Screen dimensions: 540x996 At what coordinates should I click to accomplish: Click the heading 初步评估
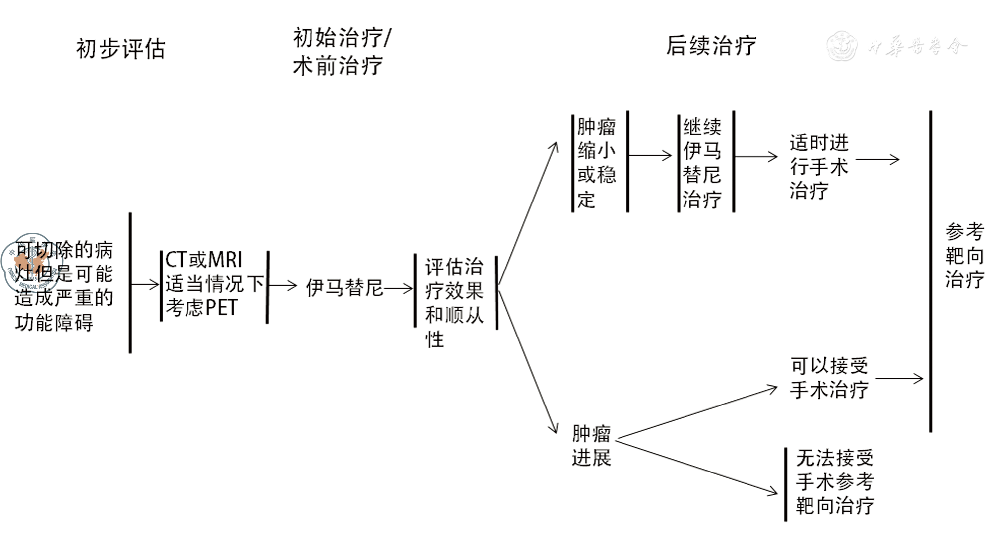click(x=121, y=49)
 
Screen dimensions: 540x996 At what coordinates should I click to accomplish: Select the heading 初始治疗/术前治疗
click(x=341, y=52)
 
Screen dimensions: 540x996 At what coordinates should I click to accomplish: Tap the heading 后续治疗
click(x=711, y=46)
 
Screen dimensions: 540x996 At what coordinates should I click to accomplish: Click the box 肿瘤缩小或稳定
click(x=597, y=163)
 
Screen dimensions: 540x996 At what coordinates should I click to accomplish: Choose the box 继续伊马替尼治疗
click(x=702, y=163)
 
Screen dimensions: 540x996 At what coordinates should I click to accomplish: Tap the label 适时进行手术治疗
click(x=818, y=166)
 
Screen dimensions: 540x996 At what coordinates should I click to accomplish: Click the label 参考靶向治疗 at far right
click(x=964, y=256)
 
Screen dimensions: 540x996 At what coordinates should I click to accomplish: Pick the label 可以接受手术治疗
click(x=829, y=378)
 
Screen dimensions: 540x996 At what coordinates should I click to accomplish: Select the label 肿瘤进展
click(x=591, y=445)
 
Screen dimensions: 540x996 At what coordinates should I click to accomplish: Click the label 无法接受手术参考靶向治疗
click(x=835, y=481)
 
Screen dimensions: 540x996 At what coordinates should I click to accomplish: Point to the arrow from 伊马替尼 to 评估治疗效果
click(x=398, y=288)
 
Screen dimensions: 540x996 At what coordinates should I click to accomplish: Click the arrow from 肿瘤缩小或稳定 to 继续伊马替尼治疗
click(x=650, y=156)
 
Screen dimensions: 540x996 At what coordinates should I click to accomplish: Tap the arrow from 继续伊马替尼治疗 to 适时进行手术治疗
click(x=755, y=157)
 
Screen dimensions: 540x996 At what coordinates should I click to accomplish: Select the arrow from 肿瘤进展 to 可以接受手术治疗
click(x=696, y=413)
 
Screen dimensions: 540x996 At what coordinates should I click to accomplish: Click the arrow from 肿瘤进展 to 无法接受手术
click(x=696, y=467)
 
